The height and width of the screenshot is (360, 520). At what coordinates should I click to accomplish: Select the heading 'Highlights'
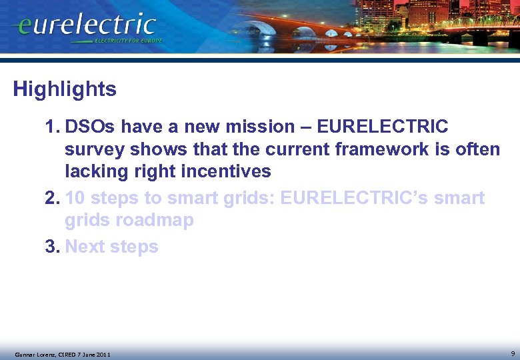point(65,89)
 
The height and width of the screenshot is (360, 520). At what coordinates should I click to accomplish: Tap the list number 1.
point(52,127)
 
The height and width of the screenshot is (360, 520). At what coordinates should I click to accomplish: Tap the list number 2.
point(53,198)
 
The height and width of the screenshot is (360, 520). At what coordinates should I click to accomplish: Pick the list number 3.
point(53,247)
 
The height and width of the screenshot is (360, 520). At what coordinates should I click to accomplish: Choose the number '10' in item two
point(77,198)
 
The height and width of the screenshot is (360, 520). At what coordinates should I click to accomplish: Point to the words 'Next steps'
point(111,247)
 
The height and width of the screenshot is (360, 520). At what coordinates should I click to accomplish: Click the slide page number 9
point(512,353)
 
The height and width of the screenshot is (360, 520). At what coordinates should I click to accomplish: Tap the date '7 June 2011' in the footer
point(90,354)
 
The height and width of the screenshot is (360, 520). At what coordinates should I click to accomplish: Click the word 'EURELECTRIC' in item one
point(382,127)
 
